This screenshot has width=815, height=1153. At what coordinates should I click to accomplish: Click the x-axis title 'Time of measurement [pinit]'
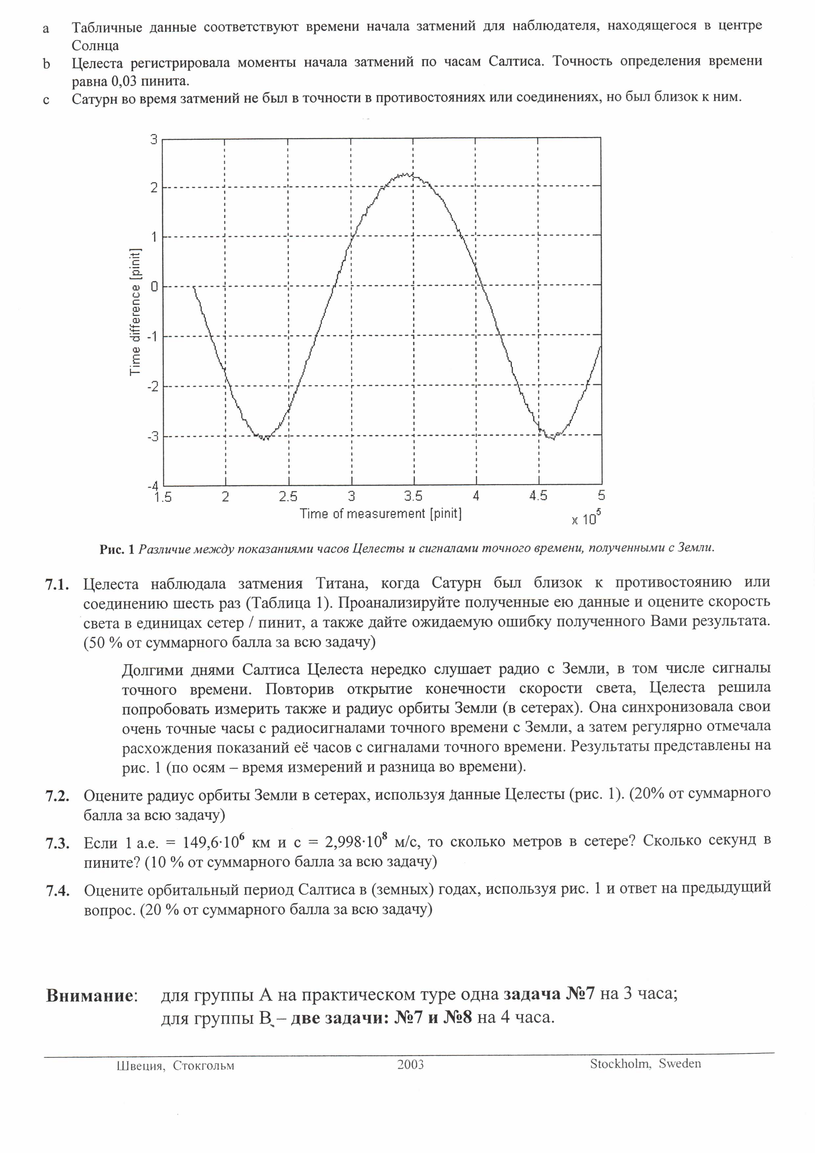point(381,513)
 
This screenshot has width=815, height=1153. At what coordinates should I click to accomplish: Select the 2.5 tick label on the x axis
point(288,496)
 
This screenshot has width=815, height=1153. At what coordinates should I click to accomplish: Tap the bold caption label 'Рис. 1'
point(117,549)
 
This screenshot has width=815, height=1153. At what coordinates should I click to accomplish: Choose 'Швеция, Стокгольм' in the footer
point(175,1066)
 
